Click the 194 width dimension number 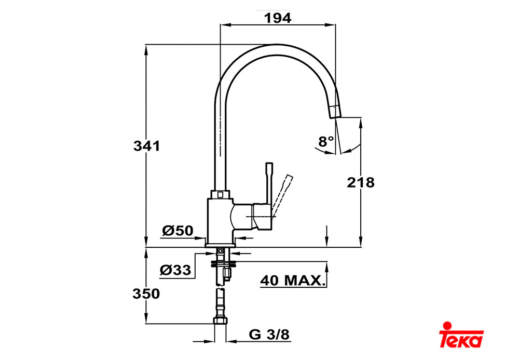pyautogui.click(x=277, y=18)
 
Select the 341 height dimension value pyautogui.click(x=146, y=146)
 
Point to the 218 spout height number pyautogui.click(x=361, y=182)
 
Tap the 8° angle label pyautogui.click(x=326, y=141)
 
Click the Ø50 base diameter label pyautogui.click(x=177, y=231)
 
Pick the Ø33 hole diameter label pyautogui.click(x=175, y=270)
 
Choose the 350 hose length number pyautogui.click(x=146, y=294)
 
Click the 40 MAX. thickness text pyautogui.click(x=291, y=281)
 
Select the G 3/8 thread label pyautogui.click(x=269, y=335)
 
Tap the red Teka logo pyautogui.click(x=461, y=335)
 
